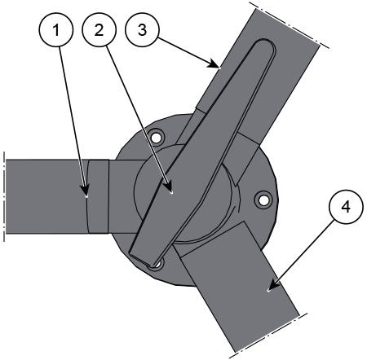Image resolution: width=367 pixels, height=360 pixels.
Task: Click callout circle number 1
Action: (x=56, y=29)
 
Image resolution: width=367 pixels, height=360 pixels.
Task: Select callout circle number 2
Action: (x=99, y=29)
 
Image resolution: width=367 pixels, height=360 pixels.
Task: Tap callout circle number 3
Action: (x=142, y=29)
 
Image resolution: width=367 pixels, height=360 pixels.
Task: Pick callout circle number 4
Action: (x=346, y=207)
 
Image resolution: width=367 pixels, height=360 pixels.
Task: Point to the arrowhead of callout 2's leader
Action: (x=169, y=188)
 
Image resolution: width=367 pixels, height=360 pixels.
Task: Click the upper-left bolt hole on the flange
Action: (x=156, y=138)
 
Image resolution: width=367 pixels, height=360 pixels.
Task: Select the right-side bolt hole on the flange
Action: (x=263, y=200)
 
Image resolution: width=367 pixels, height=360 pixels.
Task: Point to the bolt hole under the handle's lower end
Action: (x=157, y=264)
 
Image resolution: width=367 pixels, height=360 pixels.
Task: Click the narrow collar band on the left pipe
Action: (x=98, y=196)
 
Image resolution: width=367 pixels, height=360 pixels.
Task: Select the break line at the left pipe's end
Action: (x=4, y=196)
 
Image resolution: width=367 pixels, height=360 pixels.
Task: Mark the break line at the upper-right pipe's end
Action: (x=290, y=25)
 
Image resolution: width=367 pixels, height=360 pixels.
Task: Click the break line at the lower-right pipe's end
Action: (x=268, y=336)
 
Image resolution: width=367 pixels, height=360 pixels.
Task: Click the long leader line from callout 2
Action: (x=138, y=117)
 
